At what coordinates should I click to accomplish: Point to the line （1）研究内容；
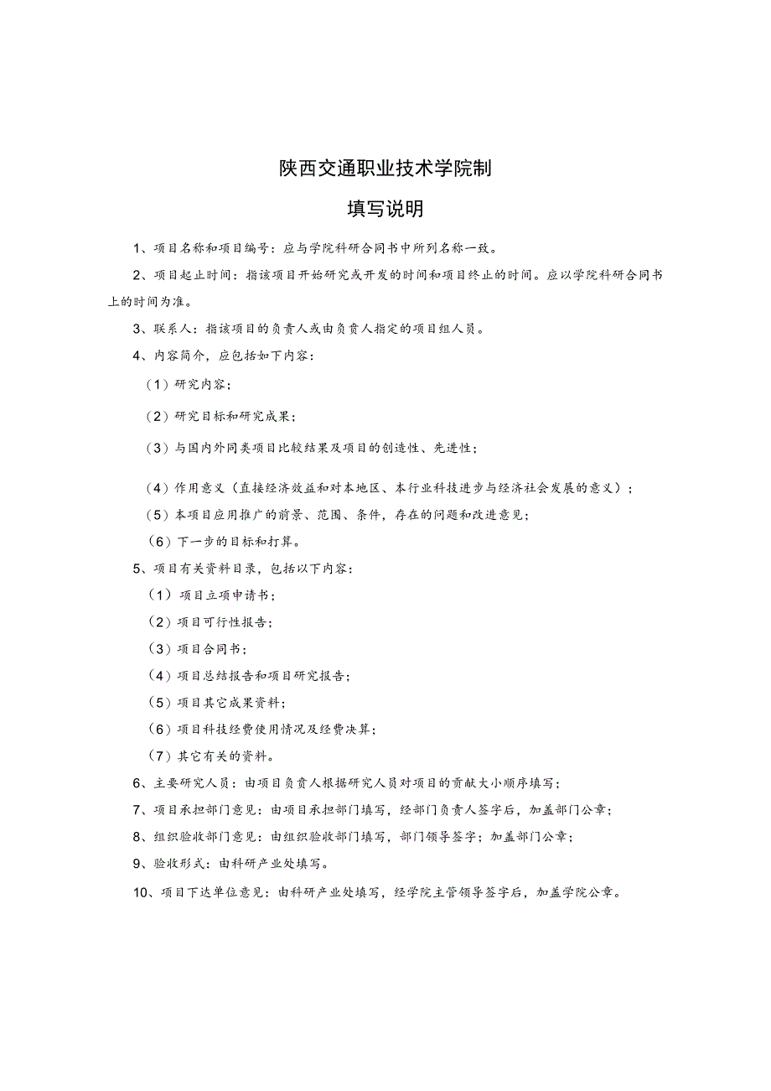tap(189, 384)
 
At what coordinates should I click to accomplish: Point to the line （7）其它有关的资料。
tap(210, 756)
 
